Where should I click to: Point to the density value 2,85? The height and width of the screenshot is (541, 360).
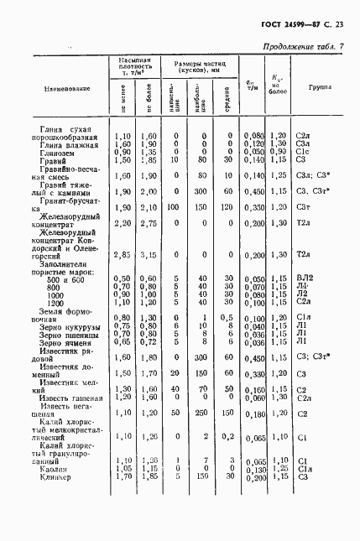[123, 254]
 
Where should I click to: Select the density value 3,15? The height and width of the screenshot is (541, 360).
[149, 254]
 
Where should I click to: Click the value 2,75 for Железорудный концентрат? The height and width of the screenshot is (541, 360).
[149, 223]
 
